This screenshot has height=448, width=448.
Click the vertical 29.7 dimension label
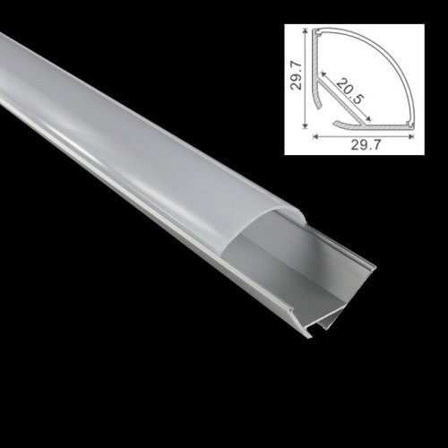coord(297,75)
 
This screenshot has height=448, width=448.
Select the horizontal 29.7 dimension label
coord(366,145)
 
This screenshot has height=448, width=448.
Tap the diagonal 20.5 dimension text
coord(350,91)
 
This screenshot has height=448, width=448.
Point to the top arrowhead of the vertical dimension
coord(305,31)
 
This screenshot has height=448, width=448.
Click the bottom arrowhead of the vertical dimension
coord(305,125)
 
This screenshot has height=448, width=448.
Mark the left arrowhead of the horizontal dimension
coord(315,137)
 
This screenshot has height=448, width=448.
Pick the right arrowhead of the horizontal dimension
coord(410,137)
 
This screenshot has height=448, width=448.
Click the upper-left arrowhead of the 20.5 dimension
coord(323,73)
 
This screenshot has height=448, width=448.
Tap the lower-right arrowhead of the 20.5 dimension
coord(368,119)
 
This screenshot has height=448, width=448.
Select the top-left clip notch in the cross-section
coord(317,32)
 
